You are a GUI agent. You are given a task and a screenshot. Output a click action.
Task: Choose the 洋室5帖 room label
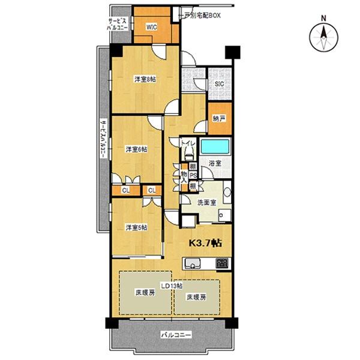tap(136, 227)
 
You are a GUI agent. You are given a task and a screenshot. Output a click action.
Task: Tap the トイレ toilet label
tap(181, 144)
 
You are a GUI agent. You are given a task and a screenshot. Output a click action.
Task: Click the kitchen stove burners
tap(223, 262)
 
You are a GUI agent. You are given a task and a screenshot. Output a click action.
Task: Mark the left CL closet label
tap(126, 190)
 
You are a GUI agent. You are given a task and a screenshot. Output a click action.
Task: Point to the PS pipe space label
tap(193, 175)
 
